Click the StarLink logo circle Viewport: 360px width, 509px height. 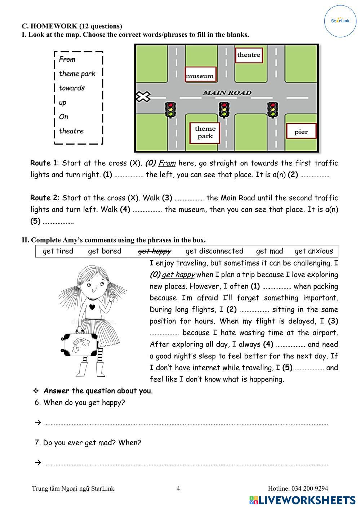click(x=340, y=21)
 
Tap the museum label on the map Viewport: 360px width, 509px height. click(x=200, y=75)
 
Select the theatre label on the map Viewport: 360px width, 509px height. click(x=249, y=55)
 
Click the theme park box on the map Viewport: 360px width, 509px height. click(x=205, y=133)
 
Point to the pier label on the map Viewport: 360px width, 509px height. click(x=301, y=131)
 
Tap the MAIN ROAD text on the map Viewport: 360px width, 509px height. click(x=227, y=93)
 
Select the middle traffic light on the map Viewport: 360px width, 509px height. click(x=224, y=109)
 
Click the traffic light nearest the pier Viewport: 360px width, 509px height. click(x=272, y=109)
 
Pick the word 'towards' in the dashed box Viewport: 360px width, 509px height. click(x=72, y=88)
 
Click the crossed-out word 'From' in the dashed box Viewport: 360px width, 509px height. click(x=67, y=59)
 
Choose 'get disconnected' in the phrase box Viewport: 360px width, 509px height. click(x=214, y=251)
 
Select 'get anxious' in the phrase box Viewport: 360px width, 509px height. click(x=314, y=251)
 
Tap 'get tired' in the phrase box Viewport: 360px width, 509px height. click(x=58, y=251)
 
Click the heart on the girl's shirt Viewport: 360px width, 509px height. click(x=92, y=307)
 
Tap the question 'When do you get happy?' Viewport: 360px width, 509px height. click(x=84, y=402)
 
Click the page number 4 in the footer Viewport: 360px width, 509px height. click(x=178, y=488)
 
